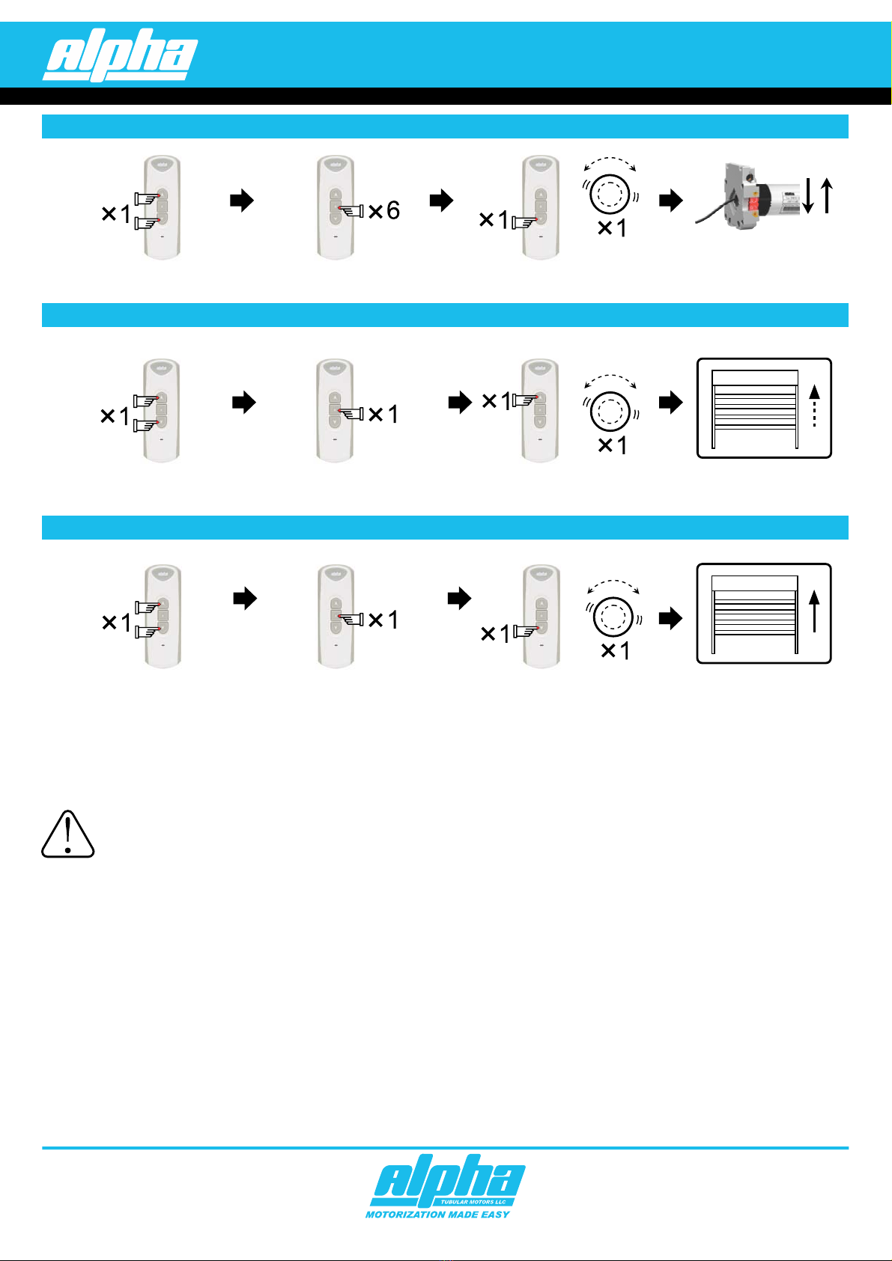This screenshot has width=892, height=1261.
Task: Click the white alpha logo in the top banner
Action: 120,55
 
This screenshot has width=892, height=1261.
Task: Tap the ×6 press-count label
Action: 384,211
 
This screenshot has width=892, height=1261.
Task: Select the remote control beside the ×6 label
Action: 335,207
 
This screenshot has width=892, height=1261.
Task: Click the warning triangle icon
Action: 67,834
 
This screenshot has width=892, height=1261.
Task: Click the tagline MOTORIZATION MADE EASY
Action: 437,1215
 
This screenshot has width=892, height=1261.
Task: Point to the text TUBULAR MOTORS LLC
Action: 473,1202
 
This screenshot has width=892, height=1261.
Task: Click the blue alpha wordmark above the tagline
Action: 447,1178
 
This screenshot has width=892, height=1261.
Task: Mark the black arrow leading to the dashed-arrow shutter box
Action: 671,403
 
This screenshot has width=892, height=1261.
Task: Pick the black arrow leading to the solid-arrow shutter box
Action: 671,619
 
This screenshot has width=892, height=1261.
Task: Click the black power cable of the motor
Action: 709,216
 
